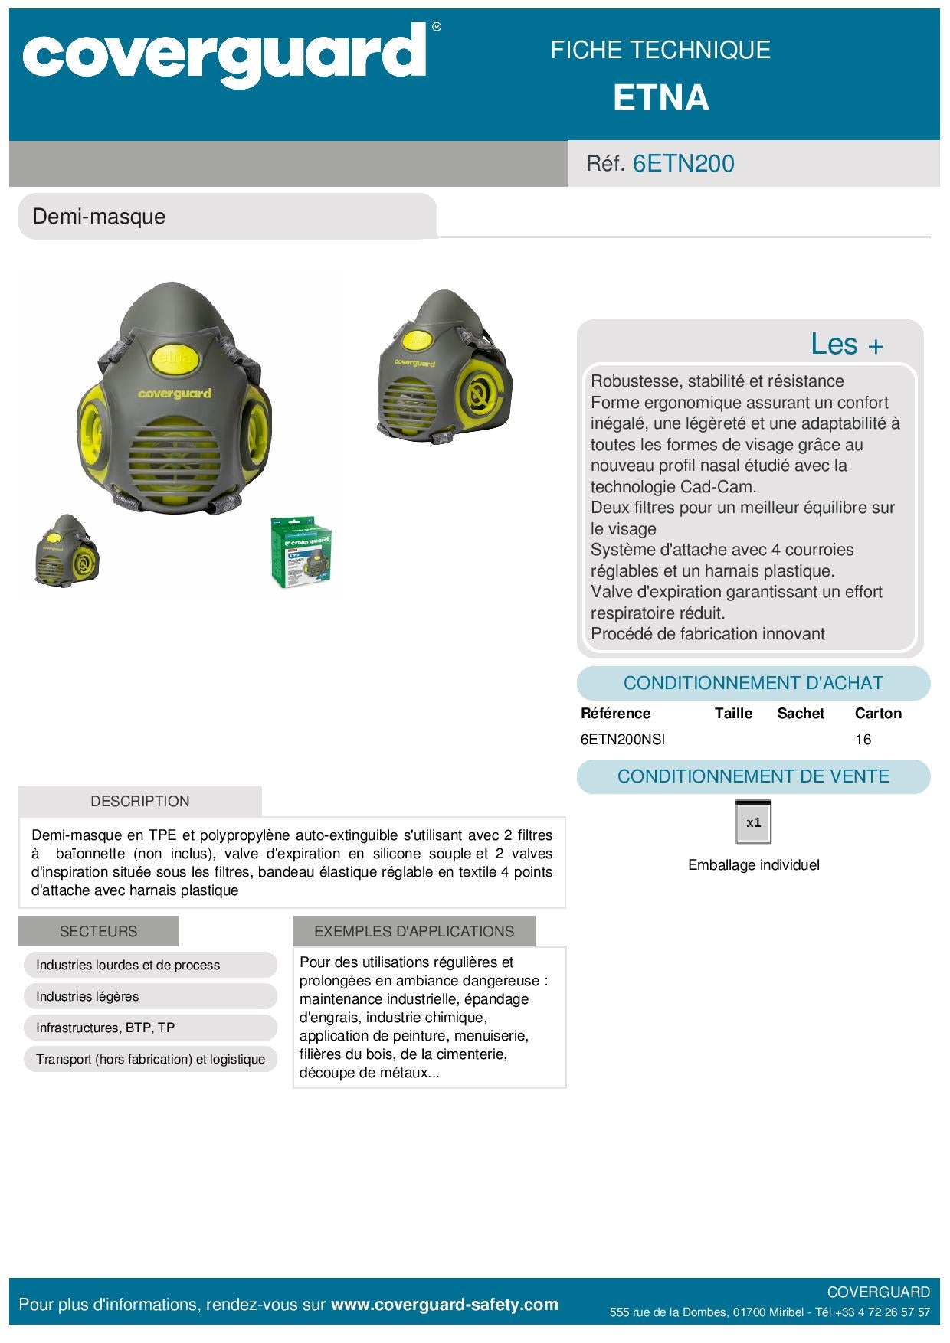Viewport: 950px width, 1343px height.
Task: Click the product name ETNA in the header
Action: pyautogui.click(x=660, y=99)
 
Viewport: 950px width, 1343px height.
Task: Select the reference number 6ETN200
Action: pyautogui.click(x=683, y=164)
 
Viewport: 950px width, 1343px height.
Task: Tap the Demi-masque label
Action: pyautogui.click(x=99, y=217)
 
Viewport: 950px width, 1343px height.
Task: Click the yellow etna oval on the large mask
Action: pyautogui.click(x=175, y=358)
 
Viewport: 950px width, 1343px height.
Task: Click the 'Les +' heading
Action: pyautogui.click(x=847, y=345)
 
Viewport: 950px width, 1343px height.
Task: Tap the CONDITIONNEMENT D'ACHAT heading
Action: pyautogui.click(x=753, y=683)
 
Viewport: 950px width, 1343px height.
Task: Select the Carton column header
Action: pyautogui.click(x=878, y=714)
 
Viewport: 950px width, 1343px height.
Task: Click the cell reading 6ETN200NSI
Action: pyautogui.click(x=623, y=740)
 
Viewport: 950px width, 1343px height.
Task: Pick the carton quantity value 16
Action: pyautogui.click(x=863, y=740)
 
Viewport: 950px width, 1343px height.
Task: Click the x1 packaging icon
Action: pyautogui.click(x=753, y=822)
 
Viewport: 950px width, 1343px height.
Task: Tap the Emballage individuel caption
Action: pyautogui.click(x=753, y=865)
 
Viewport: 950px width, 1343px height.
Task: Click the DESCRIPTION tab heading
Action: pyautogui.click(x=140, y=802)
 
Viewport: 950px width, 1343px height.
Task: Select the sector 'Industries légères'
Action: pyautogui.click(x=87, y=997)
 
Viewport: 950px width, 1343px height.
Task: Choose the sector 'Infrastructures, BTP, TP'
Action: pyautogui.click(x=105, y=1028)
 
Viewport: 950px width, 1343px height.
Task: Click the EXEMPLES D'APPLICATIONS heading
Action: pyautogui.click(x=414, y=932)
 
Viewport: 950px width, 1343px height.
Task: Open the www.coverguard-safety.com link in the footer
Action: pyautogui.click(x=444, y=1305)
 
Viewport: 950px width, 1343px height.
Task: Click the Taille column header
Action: pyautogui.click(x=733, y=714)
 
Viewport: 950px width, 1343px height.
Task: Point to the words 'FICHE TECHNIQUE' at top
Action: pyautogui.click(x=660, y=51)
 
